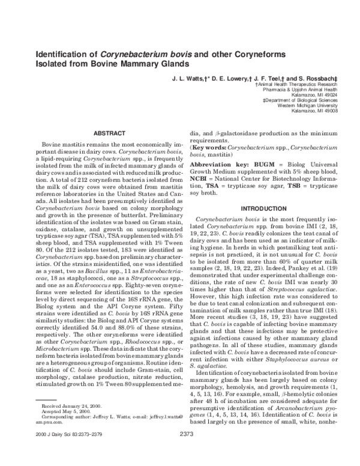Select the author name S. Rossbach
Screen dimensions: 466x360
coord(306,79)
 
